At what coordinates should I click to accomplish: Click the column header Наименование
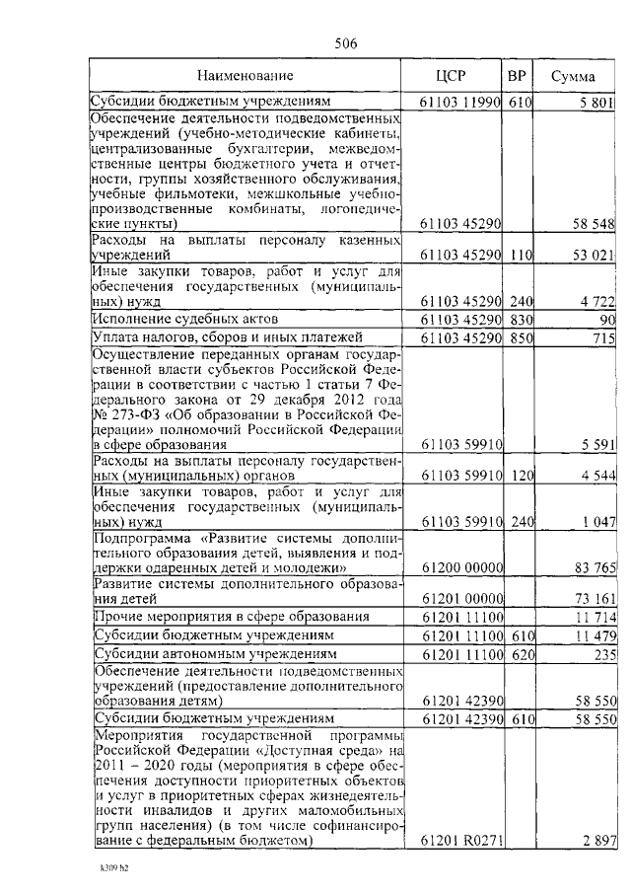pos(245,76)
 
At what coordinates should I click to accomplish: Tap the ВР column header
pos(517,76)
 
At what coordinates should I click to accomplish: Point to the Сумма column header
pos(573,76)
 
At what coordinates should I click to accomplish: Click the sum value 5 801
pos(596,102)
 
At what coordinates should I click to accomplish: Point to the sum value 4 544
pos(596,476)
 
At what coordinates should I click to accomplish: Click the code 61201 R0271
pos(461,840)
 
